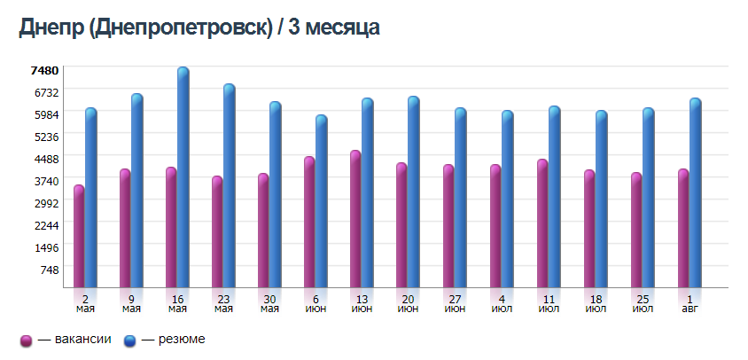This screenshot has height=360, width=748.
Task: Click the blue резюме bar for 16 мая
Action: pyautogui.click(x=183, y=177)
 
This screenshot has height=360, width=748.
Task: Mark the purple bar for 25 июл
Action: pyautogui.click(x=635, y=230)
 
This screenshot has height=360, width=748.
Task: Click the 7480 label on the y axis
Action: pyautogui.click(x=44, y=70)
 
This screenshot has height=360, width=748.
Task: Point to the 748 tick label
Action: pyautogui.click(x=48, y=270)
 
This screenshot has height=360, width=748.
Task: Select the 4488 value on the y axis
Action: pyautogui.click(x=44, y=159)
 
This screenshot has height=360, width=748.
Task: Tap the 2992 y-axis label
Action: pyautogui.click(x=44, y=203)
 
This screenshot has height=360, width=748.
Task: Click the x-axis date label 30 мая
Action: pyautogui.click(x=269, y=303)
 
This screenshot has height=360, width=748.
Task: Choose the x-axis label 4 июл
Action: pyautogui.click(x=501, y=303)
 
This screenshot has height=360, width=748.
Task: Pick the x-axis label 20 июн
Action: pyautogui.click(x=409, y=303)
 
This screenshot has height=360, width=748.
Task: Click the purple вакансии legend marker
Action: pyautogui.click(x=26, y=340)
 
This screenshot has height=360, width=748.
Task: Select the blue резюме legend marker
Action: pyautogui.click(x=129, y=340)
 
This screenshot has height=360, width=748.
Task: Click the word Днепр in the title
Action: pyautogui.click(x=51, y=28)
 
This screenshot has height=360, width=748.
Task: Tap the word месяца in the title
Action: pyautogui.click(x=341, y=28)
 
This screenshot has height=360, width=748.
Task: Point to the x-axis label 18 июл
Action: pyautogui.click(x=596, y=303)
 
